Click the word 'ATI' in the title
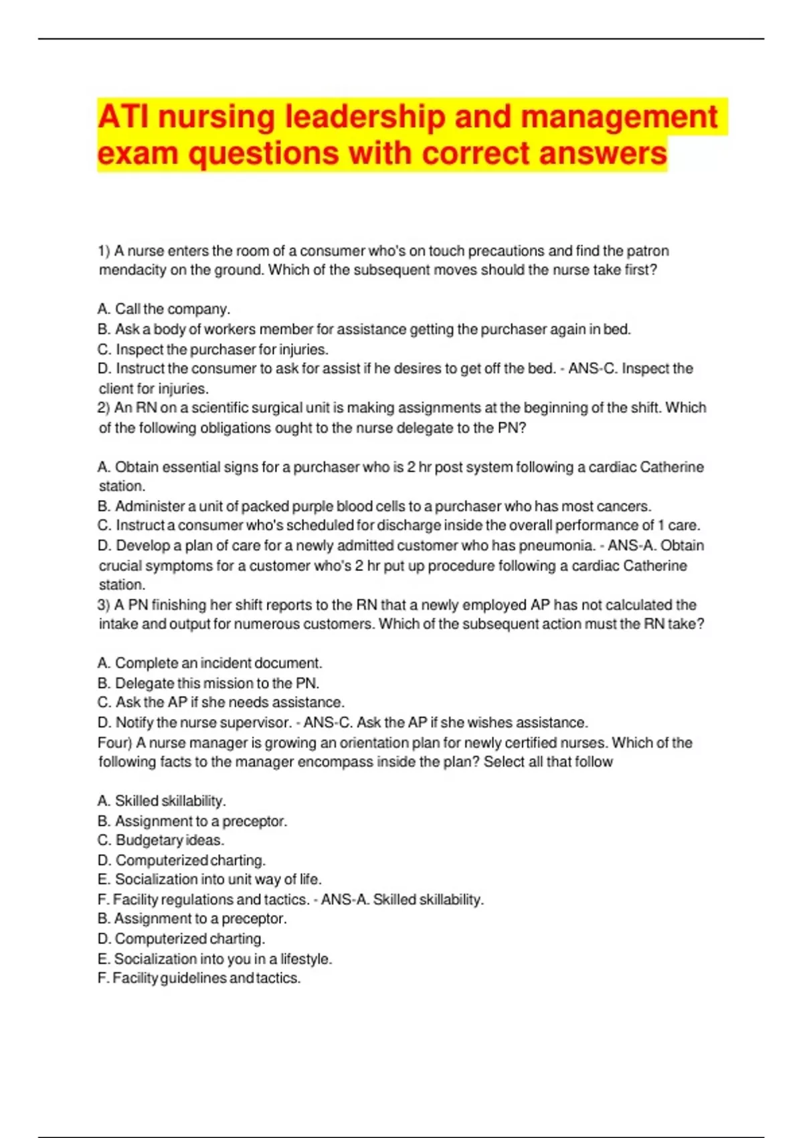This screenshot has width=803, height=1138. point(124,116)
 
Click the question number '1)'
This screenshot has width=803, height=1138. point(104,251)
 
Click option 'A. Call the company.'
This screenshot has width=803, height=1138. point(164,309)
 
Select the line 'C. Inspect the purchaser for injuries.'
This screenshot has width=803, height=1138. point(213,349)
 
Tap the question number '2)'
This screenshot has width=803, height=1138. point(104,408)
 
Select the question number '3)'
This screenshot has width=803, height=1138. point(104,605)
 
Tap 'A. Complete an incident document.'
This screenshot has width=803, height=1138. point(209,663)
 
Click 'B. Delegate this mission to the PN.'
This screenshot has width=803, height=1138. point(208,683)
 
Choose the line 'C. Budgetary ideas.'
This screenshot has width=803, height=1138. point(161,841)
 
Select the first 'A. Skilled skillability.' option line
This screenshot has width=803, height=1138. point(161,801)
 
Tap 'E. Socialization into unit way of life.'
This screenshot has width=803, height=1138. point(209,880)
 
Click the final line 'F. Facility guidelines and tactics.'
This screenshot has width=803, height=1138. point(199,979)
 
